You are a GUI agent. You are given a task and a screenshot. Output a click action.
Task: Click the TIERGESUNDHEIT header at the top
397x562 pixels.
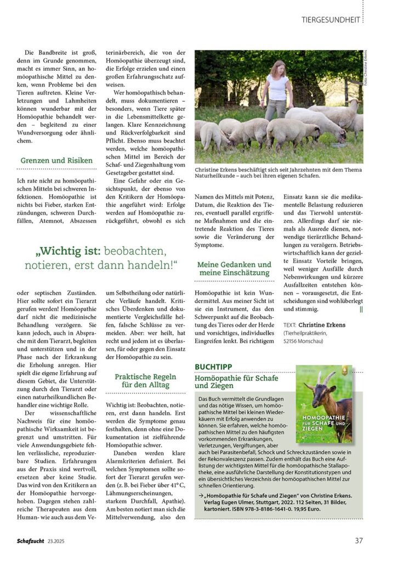point(331,20)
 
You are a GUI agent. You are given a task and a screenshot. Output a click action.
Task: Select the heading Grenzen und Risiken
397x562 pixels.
point(56,161)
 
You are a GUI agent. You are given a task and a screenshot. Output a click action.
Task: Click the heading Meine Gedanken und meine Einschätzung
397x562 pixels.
point(234,268)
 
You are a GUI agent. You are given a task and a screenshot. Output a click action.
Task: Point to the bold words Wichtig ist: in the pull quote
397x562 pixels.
point(70,251)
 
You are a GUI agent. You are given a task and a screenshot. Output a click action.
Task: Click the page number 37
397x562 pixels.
point(359,540)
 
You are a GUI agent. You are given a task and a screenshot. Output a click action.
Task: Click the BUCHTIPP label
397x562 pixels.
point(213,367)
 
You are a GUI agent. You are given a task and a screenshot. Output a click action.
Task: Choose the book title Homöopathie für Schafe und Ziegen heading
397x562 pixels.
point(237,382)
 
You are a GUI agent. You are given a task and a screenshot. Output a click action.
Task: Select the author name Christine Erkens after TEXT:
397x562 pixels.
point(322,325)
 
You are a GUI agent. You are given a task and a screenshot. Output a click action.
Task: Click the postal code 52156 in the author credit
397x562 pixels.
point(294,340)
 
